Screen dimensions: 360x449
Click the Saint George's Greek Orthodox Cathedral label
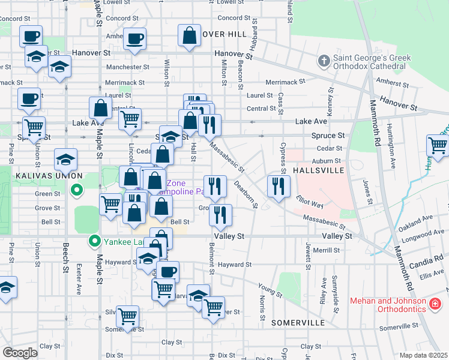point(373,62)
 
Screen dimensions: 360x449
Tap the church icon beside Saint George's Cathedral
point(324,61)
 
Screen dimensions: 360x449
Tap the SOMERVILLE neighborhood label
point(298,322)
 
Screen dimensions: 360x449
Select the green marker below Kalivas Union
point(76,191)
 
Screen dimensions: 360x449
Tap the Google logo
point(20,352)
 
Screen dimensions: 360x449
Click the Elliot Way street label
point(310,201)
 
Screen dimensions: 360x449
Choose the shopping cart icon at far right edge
point(438,145)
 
